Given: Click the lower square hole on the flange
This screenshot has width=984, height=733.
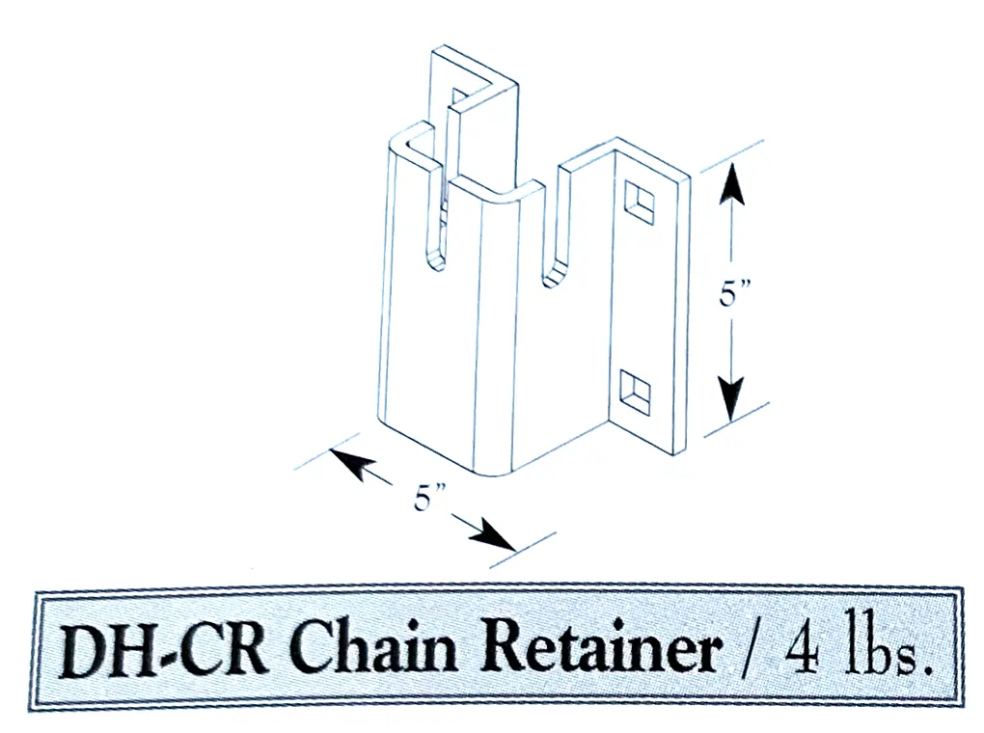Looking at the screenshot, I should tap(635, 391).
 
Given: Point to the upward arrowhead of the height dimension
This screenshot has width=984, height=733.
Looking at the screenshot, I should tap(733, 181).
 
